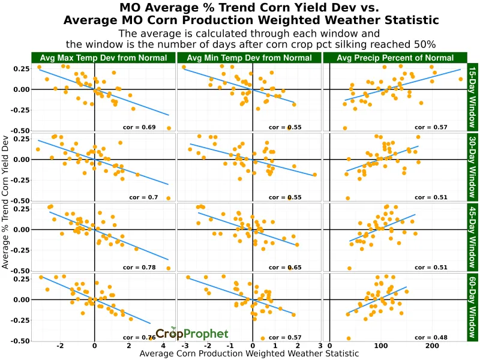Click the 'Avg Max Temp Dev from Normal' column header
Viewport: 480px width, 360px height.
pyautogui.click(x=103, y=58)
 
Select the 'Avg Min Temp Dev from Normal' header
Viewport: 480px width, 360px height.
pyautogui.click(x=250, y=58)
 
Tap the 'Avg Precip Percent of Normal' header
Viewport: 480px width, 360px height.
pyautogui.click(x=395, y=58)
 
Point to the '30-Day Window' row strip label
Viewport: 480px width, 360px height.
pyautogui.click(x=472, y=167)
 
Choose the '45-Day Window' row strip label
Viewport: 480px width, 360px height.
pyautogui.click(x=472, y=237)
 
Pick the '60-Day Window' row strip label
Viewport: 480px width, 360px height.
pyautogui.click(x=472, y=307)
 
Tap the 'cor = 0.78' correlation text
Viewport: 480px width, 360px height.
pyautogui.click(x=139, y=267)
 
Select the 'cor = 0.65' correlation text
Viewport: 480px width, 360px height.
pyautogui.click(x=285, y=267)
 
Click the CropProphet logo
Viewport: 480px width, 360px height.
pyautogui.click(x=192, y=334)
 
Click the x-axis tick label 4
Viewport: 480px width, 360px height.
pyautogui.click(x=163, y=346)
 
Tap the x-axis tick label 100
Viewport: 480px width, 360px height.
pyautogui.click(x=380, y=346)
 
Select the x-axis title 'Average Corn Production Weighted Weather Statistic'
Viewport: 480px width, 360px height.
pyautogui.click(x=249, y=354)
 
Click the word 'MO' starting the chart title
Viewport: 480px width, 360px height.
pyautogui.click(x=131, y=8)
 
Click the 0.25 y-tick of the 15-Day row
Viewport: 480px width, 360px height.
pyautogui.click(x=20, y=69)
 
